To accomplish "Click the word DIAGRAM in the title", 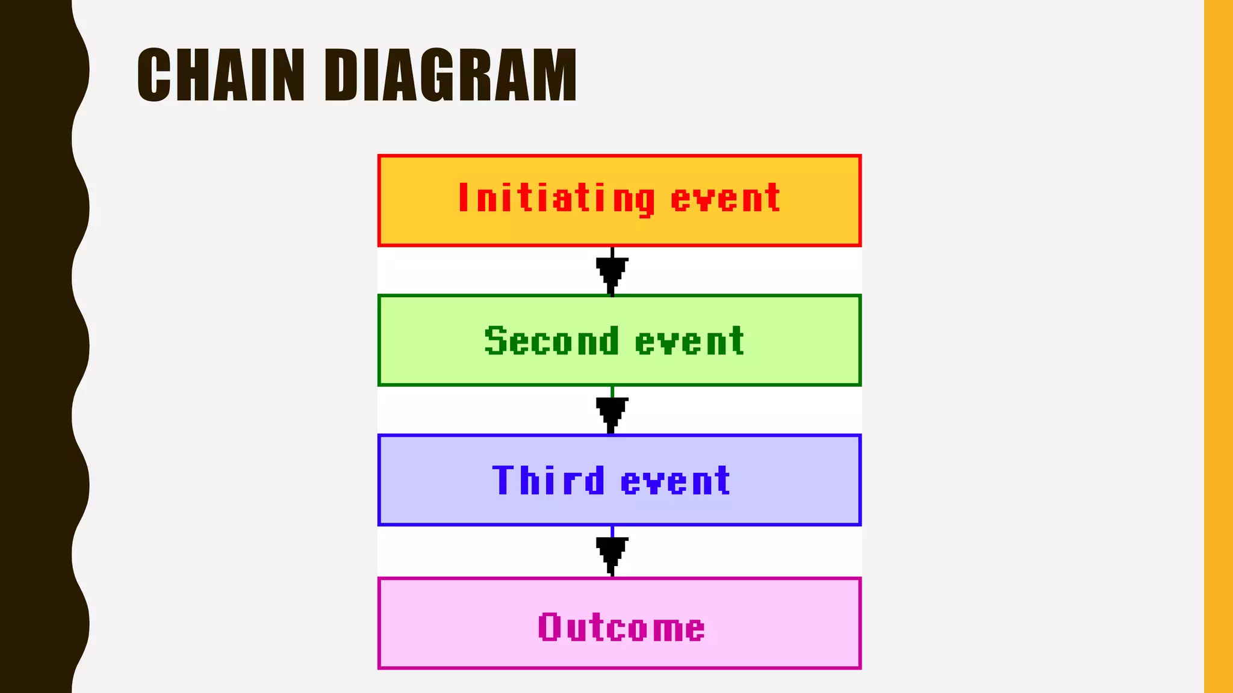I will pos(451,75).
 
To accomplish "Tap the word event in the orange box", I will pos(725,199).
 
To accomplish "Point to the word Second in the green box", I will pos(551,341).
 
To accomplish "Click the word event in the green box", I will pos(690,341).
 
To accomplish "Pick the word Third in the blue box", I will pos(548,481).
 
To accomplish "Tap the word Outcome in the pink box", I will pos(621,627).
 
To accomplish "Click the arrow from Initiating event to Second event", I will pos(612,272).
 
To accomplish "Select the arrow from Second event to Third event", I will pos(612,411).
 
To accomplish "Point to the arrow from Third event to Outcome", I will pos(612,552).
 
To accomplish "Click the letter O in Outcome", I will pos(549,627).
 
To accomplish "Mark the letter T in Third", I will pos(505,480).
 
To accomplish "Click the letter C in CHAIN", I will pos(154,75).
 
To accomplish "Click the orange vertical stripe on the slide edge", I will pos(1219,346).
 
